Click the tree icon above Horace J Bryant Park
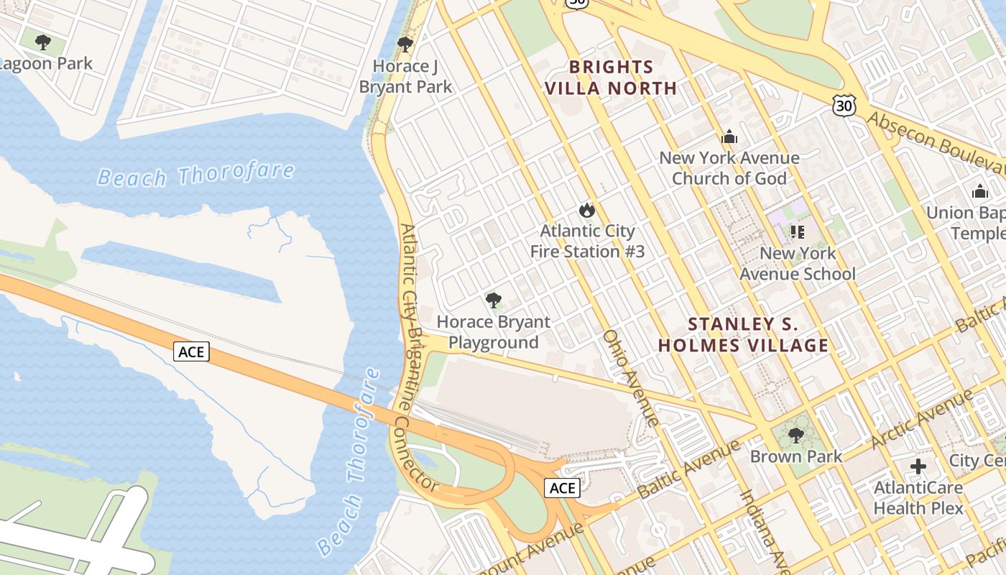click(405, 44)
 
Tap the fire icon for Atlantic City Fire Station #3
click(587, 211)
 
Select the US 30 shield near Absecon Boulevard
click(844, 106)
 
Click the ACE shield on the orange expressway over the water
click(191, 351)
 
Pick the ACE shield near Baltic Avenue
click(562, 488)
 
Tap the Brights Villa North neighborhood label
click(611, 78)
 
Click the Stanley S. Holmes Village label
click(744, 335)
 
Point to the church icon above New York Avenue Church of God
click(729, 137)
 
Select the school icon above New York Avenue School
click(797, 231)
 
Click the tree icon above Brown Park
click(795, 436)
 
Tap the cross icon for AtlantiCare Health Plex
click(918, 466)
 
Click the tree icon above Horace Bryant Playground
click(493, 300)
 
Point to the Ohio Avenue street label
click(631, 377)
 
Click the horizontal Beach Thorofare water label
click(195, 174)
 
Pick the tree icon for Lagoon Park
click(43, 42)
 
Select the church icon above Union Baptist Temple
click(979, 192)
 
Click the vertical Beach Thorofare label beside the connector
click(350, 460)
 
